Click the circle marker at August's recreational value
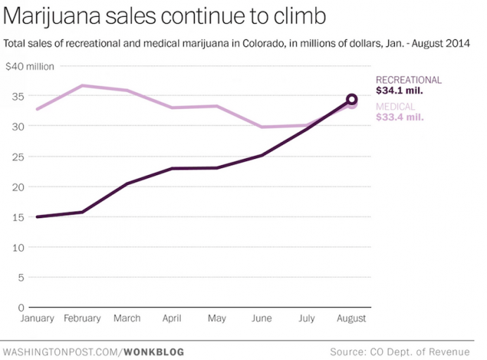pos(351,99)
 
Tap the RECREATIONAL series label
pos(409,80)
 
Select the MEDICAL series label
pos(395,106)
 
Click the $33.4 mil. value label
pos(400,117)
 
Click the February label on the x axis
pos(82,319)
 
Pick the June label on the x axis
pos(261,319)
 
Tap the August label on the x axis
pos(351,319)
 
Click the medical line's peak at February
pos(82,86)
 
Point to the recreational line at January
pos(37,217)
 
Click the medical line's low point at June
pos(262,127)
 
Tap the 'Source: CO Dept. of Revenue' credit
pos(399,351)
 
